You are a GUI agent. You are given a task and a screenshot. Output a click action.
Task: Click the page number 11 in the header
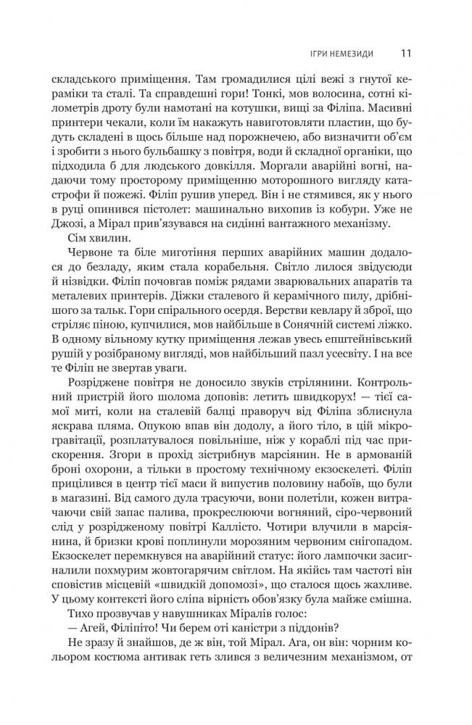[x=406, y=53]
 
